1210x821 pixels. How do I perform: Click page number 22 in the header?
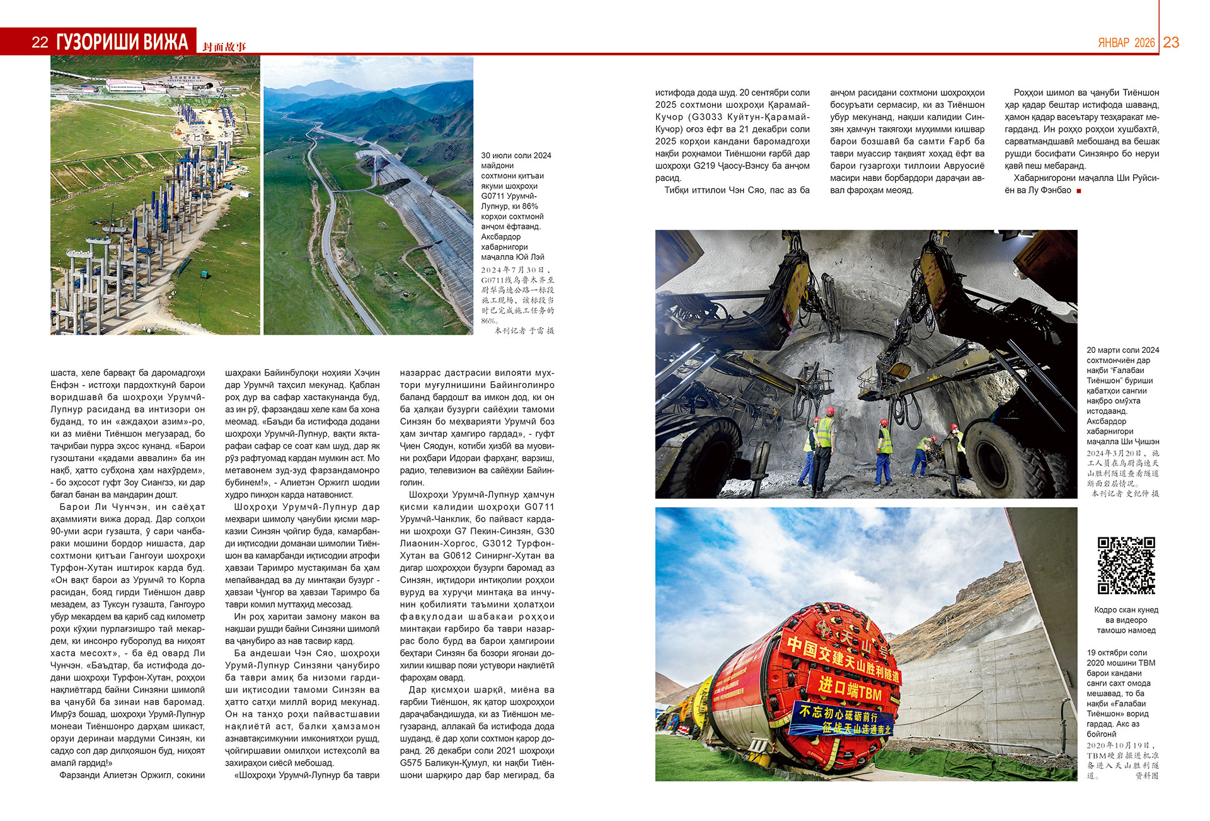click(40, 42)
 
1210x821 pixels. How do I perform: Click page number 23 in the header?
click(1171, 42)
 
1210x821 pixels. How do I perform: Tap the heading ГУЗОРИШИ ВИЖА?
click(122, 42)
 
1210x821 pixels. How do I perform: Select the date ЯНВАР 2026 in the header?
click(1126, 43)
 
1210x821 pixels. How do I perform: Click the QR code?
click(1126, 565)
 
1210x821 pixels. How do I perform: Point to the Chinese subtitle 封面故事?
click(224, 47)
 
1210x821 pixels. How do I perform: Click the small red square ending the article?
click(1079, 191)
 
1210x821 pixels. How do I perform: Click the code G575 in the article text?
click(413, 763)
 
